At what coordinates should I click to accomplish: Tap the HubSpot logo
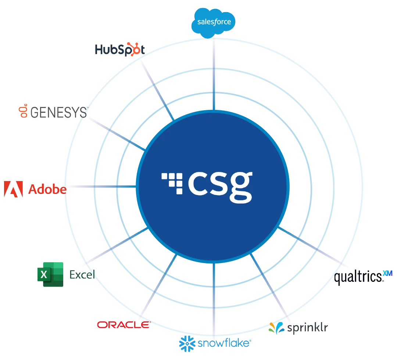click(x=118, y=50)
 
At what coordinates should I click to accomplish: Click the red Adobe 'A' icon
click(x=12, y=190)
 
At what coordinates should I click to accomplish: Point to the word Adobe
click(x=47, y=190)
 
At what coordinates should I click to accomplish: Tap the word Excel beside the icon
click(x=81, y=274)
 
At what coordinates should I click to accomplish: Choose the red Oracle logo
click(x=124, y=324)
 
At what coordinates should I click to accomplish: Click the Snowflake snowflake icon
click(x=187, y=342)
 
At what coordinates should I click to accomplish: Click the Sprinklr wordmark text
click(x=308, y=327)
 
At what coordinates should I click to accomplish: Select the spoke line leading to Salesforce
click(x=213, y=73)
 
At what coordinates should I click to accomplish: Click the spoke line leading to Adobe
click(x=99, y=187)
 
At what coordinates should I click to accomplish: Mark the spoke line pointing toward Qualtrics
click(x=312, y=246)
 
